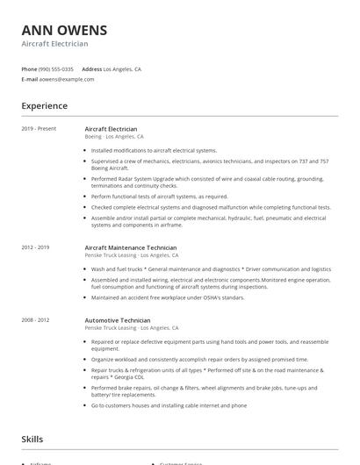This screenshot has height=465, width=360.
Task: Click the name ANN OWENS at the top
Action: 63,29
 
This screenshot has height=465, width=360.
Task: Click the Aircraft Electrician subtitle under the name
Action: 54,43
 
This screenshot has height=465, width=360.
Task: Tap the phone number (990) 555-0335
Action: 56,68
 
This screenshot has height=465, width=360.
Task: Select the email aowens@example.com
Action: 66,79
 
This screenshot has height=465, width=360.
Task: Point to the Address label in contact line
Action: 91,68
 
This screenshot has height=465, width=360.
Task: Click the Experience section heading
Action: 44,106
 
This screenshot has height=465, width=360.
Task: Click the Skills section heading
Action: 32,439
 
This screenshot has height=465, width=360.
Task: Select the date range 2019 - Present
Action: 39,129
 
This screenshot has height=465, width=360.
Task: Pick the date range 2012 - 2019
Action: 35,247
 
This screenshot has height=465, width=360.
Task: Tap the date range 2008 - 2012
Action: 35,320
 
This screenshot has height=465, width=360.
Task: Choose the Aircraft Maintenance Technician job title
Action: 130,247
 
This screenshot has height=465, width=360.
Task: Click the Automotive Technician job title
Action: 117,320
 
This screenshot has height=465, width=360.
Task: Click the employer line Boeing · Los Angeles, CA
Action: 113,137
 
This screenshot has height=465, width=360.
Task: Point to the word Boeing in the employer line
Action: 93,137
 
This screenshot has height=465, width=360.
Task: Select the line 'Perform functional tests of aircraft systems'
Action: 159,197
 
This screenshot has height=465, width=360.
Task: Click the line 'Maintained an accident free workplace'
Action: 167,297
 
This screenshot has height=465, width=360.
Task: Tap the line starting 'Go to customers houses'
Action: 169,405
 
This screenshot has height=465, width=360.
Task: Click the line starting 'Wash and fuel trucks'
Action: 211,269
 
